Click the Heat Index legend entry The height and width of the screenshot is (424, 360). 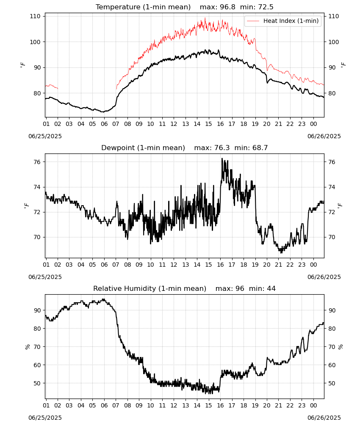pyautogui.click(x=283, y=21)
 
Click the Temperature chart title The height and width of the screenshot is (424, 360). pyautogui.click(x=143, y=7)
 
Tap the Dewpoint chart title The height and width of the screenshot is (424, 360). pyautogui.click(x=143, y=148)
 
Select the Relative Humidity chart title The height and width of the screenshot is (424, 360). pyautogui.click(x=150, y=288)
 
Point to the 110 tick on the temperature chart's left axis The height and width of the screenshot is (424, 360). pyautogui.click(x=35, y=16)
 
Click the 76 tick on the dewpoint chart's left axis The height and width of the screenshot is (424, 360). pyautogui.click(x=37, y=162)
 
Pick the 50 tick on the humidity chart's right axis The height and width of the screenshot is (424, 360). pyautogui.click(x=332, y=383)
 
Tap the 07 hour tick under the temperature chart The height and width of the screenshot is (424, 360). pyautogui.click(x=116, y=124)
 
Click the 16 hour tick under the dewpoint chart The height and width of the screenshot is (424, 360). pyautogui.click(x=220, y=265)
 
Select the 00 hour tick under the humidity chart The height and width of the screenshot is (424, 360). pyautogui.click(x=313, y=406)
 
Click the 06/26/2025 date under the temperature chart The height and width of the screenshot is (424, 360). pyautogui.click(x=324, y=136)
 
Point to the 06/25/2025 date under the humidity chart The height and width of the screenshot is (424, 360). pyautogui.click(x=45, y=418)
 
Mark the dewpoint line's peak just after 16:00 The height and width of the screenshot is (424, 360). pyautogui.click(x=222, y=159)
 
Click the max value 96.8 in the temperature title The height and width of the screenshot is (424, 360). pyautogui.click(x=228, y=7)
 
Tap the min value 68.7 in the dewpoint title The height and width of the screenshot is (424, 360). pyautogui.click(x=260, y=148)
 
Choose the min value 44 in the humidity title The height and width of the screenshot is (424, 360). pyautogui.click(x=271, y=288)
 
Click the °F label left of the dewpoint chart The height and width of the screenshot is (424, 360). pyautogui.click(x=26, y=206)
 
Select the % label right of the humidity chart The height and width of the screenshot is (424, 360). pyautogui.click(x=341, y=347)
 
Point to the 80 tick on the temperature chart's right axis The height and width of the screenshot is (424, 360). pyautogui.click(x=332, y=93)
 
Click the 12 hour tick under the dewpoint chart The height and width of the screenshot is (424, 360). pyautogui.click(x=174, y=265)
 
